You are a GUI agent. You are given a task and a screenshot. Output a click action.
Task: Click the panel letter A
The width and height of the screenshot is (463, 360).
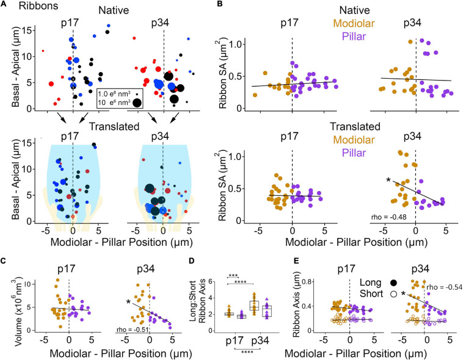coord(5,6)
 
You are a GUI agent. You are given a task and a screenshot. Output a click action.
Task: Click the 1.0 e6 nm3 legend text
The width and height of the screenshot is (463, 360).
coord(115,92)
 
